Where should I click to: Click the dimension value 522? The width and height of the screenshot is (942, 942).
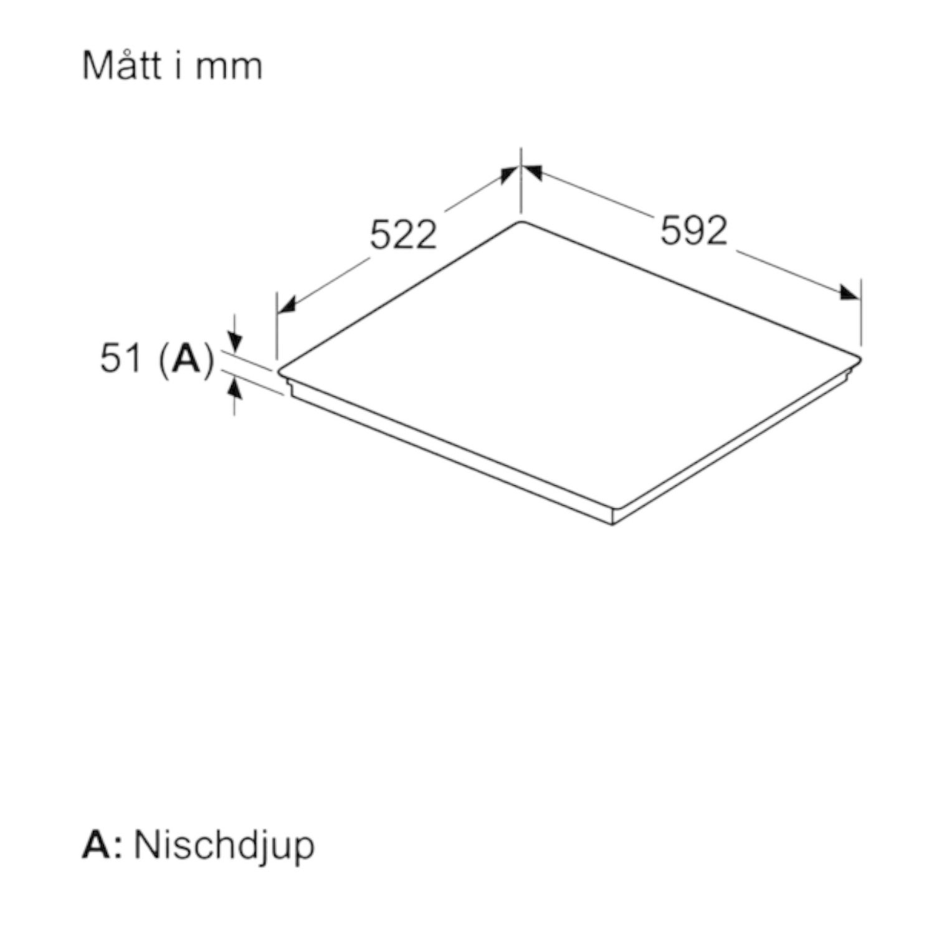tap(404, 235)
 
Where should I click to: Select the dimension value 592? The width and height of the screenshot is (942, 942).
tap(694, 231)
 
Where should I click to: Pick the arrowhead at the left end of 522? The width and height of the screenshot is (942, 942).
tap(286, 305)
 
